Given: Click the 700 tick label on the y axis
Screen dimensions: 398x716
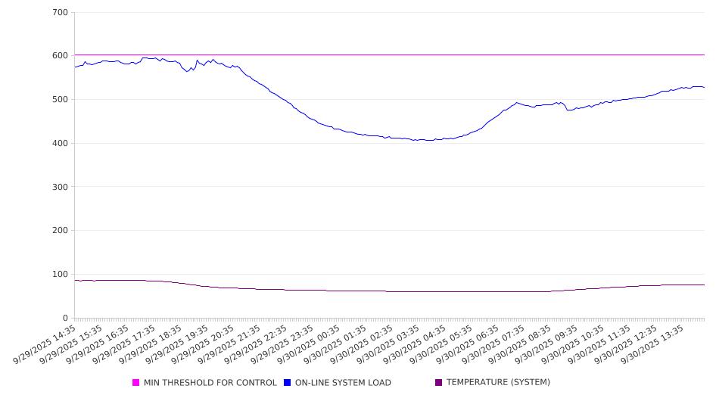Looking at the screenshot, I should coord(61,13).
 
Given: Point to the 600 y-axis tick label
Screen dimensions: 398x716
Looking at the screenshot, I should coord(61,56).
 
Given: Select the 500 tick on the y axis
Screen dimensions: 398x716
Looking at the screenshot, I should coord(61,100).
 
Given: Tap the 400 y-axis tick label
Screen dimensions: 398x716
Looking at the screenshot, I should coord(61,144).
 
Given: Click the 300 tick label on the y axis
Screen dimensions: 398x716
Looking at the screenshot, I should coord(61,187).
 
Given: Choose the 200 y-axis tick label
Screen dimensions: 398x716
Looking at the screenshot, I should coord(61,231).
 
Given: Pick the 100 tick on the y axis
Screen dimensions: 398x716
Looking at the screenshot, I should coord(61,275).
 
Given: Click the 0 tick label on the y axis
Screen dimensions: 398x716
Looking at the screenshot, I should coord(66,319).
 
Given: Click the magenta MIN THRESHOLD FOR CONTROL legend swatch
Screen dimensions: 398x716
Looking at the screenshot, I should coord(136,383).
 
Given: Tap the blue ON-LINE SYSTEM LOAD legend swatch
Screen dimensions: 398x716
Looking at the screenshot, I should coord(288,383).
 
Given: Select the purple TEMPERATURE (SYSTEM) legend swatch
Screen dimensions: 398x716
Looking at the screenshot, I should coord(439,383).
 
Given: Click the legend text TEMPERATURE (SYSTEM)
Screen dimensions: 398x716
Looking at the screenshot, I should coord(498,383).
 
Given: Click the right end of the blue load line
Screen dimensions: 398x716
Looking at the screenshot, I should coord(705,88).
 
